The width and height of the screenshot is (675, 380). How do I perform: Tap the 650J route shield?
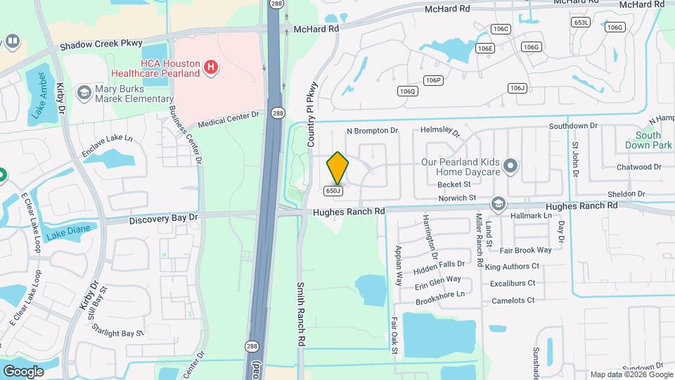[333, 191]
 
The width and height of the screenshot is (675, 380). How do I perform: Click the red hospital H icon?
[209, 68]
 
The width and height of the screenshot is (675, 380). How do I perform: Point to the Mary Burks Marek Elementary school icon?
[84, 92]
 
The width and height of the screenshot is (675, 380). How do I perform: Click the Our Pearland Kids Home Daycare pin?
[510, 166]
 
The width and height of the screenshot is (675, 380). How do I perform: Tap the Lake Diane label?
[64, 234]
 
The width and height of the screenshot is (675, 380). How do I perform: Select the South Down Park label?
[648, 140]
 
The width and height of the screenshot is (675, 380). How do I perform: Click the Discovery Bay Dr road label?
[164, 219]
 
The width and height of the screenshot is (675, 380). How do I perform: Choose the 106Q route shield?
[408, 91]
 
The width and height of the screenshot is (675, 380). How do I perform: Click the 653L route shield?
[581, 23]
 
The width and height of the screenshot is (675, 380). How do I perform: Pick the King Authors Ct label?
[512, 266]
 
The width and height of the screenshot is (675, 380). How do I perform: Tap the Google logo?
[23, 371]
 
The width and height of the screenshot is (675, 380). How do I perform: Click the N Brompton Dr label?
[373, 131]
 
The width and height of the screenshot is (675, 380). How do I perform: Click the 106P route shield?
[434, 80]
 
